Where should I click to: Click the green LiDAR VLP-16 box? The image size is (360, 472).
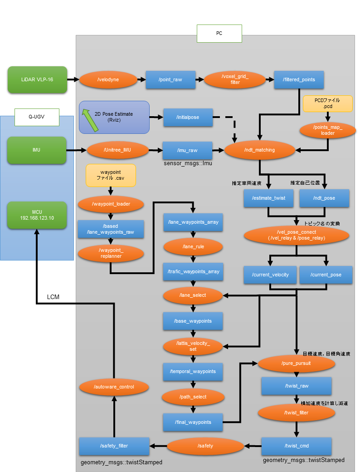click(x=37, y=79)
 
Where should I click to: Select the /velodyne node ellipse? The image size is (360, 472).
click(x=108, y=80)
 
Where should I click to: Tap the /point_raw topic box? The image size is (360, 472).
click(x=170, y=80)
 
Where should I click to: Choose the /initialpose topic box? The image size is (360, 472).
click(x=187, y=117)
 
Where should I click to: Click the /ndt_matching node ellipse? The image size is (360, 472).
click(x=259, y=149)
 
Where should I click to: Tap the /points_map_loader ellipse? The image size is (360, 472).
click(x=327, y=130)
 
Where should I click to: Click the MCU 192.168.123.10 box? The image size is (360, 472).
click(x=37, y=215)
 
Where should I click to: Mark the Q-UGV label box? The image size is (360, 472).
click(x=37, y=117)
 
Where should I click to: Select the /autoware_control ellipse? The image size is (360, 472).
click(x=114, y=387)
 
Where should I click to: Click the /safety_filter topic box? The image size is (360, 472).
click(x=114, y=446)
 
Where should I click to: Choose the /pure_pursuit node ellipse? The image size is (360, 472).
click(x=297, y=364)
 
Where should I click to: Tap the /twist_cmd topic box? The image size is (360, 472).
click(x=297, y=446)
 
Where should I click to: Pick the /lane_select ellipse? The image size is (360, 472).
click(x=193, y=295)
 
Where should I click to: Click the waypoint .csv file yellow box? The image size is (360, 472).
click(x=111, y=175)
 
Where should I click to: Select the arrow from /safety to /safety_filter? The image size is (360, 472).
click(x=158, y=446)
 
